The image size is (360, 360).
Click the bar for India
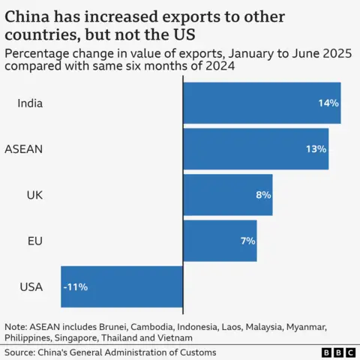[262, 103]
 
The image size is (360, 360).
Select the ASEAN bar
[256, 148]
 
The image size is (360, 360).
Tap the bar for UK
[227, 194]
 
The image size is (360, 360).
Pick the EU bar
[220, 241]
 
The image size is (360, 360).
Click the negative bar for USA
[122, 286]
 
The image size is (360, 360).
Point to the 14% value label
[328, 103]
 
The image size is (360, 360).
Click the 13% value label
[316, 148]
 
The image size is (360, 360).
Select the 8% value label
[262, 194]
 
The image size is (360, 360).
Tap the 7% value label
[247, 241]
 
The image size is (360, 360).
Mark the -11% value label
[76, 286]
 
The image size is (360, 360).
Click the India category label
[30, 103]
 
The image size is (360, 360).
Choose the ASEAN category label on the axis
[24, 148]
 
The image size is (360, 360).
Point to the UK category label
[34, 194]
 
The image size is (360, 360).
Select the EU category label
[34, 241]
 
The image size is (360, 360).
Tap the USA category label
[31, 286]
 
